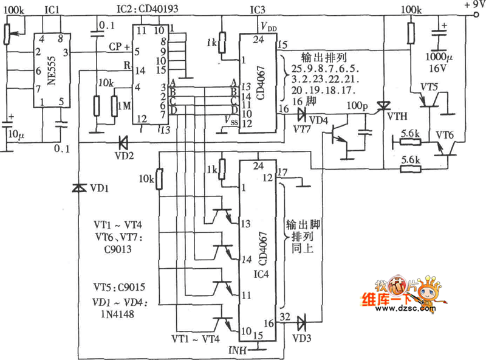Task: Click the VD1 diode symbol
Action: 78,189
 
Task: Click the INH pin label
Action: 238,350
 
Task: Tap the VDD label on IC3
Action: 270,26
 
